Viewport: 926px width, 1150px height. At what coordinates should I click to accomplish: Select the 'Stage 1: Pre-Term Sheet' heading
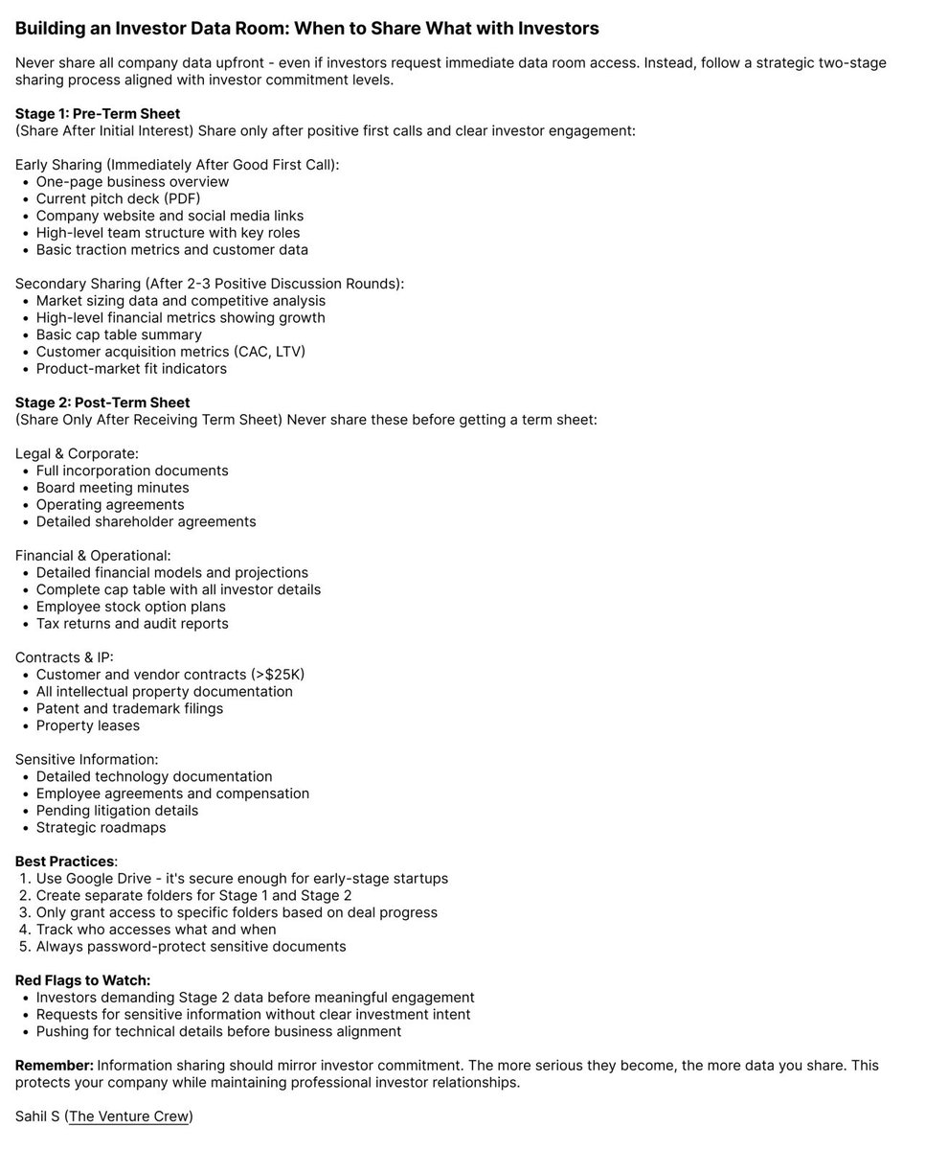point(98,114)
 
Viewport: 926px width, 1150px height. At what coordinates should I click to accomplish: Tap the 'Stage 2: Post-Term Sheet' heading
point(102,402)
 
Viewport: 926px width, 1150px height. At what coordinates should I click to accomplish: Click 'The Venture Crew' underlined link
point(129,1116)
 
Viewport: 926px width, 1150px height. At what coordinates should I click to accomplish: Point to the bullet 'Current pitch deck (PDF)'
point(118,199)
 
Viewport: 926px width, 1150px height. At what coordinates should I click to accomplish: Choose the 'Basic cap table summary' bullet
point(119,334)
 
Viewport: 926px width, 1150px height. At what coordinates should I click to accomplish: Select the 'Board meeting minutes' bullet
point(112,488)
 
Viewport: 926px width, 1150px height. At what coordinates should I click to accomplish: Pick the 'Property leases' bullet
point(88,725)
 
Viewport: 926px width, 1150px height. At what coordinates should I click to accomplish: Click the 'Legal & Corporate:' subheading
point(77,453)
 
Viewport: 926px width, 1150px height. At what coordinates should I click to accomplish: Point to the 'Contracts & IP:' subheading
point(64,657)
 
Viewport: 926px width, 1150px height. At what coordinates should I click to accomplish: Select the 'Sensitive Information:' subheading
point(86,759)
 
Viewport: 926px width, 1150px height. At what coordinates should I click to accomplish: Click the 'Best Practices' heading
point(64,862)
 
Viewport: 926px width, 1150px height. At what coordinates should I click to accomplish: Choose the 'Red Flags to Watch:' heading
point(82,980)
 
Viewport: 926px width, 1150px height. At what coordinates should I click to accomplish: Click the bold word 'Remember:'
point(54,1066)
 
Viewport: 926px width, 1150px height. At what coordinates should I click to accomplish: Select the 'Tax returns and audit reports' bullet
point(132,624)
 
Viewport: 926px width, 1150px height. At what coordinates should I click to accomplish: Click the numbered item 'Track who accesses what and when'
point(156,930)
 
